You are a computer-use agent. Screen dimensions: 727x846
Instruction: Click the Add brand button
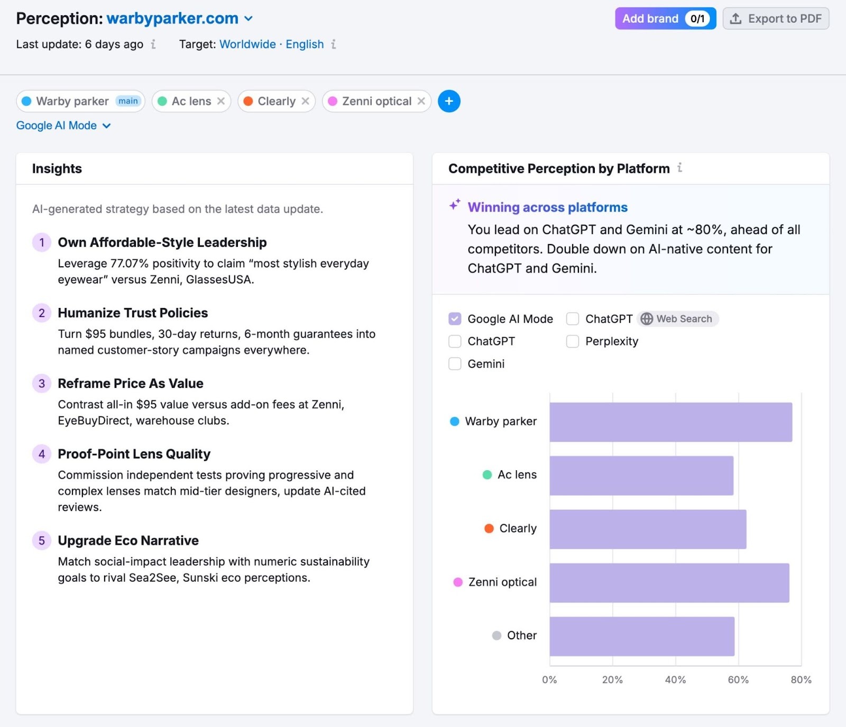[x=665, y=18]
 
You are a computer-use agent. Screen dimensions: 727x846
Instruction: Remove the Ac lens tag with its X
[x=221, y=101]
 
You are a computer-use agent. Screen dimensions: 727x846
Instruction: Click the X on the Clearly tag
[x=305, y=101]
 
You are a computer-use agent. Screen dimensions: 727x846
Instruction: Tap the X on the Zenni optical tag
[x=421, y=101]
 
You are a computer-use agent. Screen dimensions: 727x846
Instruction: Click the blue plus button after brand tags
[x=449, y=101]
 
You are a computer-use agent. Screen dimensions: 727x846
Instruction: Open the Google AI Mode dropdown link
[x=63, y=126]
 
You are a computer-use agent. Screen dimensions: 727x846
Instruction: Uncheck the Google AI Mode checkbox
[x=455, y=319]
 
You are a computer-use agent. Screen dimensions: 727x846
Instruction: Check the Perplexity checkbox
[x=573, y=341]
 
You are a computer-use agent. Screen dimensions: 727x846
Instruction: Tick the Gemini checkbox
[x=455, y=363]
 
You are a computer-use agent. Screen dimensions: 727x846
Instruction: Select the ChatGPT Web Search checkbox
[x=573, y=319]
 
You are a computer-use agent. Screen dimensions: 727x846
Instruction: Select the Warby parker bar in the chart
[x=670, y=422]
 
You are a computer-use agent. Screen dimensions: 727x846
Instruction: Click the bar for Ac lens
[x=641, y=476]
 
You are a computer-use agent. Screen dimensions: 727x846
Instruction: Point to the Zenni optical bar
[x=669, y=583]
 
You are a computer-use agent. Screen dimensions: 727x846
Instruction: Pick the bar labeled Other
[x=642, y=636]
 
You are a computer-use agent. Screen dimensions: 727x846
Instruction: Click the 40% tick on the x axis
[x=675, y=680]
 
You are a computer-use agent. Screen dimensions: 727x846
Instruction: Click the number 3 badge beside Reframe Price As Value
[x=42, y=384]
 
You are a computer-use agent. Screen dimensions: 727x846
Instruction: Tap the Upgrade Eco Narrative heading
[x=128, y=540]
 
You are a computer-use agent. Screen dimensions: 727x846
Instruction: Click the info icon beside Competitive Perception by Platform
[x=680, y=168]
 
